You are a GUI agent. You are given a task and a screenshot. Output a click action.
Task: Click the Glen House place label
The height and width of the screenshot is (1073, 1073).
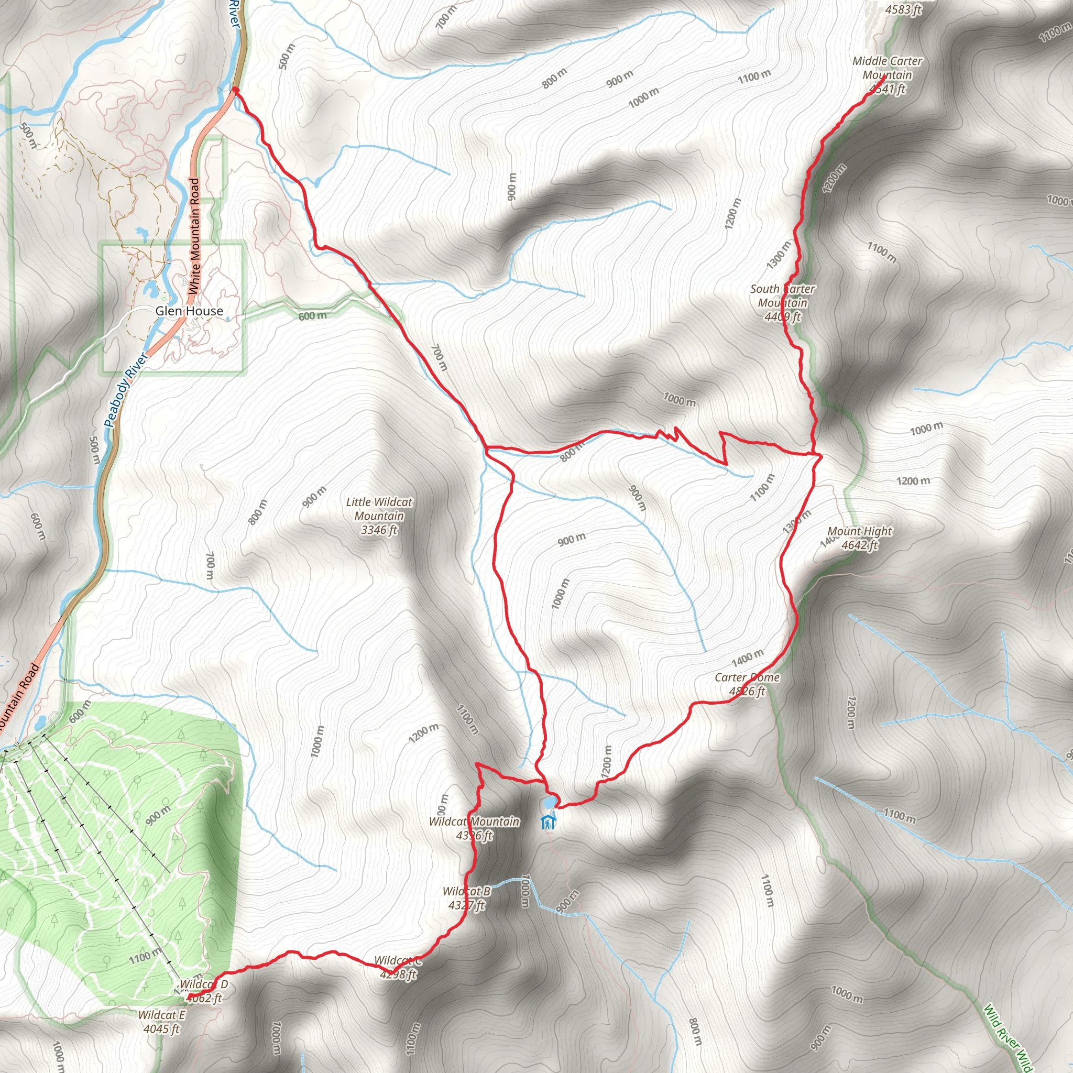[189, 311]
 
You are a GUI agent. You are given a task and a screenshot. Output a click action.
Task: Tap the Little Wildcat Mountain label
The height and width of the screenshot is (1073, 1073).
[379, 516]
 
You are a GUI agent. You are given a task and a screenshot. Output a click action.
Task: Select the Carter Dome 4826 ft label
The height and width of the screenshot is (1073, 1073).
[747, 684]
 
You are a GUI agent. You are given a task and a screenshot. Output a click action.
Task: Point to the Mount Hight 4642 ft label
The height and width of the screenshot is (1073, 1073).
[859, 538]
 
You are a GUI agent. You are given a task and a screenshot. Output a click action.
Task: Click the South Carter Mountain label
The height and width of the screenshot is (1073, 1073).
[783, 303]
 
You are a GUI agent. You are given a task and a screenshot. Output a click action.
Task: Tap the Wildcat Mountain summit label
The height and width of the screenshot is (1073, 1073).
[474, 828]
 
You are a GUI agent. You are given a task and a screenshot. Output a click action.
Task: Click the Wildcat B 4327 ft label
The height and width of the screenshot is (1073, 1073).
[466, 898]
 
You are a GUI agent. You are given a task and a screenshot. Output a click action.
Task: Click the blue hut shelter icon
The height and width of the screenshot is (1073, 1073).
[548, 822]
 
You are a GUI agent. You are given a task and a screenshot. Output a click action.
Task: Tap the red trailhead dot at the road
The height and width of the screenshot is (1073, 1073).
[235, 90]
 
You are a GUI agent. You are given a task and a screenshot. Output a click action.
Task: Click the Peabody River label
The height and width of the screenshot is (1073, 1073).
[126, 390]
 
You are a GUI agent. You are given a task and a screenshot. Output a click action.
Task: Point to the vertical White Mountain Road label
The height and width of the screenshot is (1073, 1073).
[194, 236]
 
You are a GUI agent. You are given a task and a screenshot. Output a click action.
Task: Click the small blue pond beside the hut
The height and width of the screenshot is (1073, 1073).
[549, 803]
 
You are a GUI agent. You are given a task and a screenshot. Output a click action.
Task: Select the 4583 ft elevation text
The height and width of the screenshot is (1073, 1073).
[903, 9]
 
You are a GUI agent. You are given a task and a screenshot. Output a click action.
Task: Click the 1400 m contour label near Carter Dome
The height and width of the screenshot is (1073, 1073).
[747, 658]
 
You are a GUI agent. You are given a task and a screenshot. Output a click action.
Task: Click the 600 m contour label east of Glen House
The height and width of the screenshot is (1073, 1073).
[312, 316]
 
